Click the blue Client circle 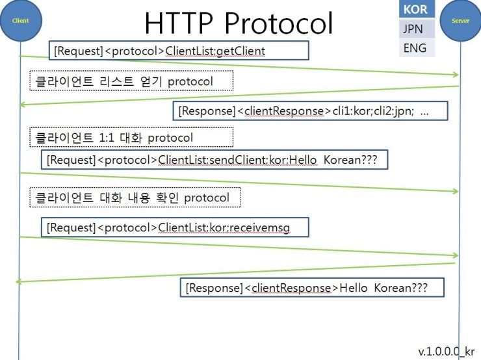click(x=21, y=20)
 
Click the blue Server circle click(x=460, y=20)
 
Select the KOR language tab click(x=417, y=9)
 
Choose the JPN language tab click(x=417, y=29)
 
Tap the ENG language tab click(x=417, y=47)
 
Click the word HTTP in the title click(x=179, y=23)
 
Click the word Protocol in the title click(x=279, y=23)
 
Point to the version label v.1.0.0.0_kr click(x=446, y=352)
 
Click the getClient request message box click(x=179, y=50)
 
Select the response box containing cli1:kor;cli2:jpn click(x=310, y=110)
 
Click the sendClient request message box click(x=214, y=159)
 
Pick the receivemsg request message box click(x=175, y=227)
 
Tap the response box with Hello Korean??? click(x=312, y=287)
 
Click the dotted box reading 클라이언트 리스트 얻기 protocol click(x=131, y=81)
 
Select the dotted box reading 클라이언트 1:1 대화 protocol click(x=131, y=137)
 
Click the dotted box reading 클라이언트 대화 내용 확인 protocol click(x=135, y=197)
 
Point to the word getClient click(x=241, y=51)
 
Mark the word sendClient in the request click(x=239, y=160)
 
